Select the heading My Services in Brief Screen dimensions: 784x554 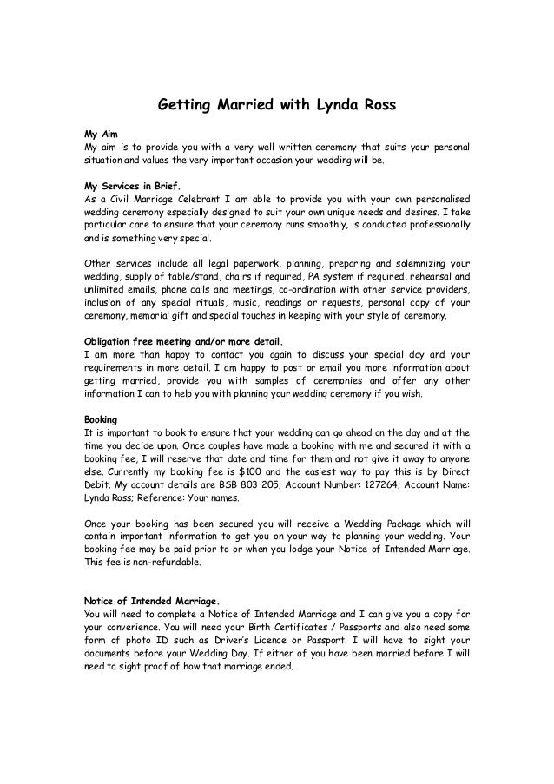point(131,185)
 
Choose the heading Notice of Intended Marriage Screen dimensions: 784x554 point(151,600)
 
